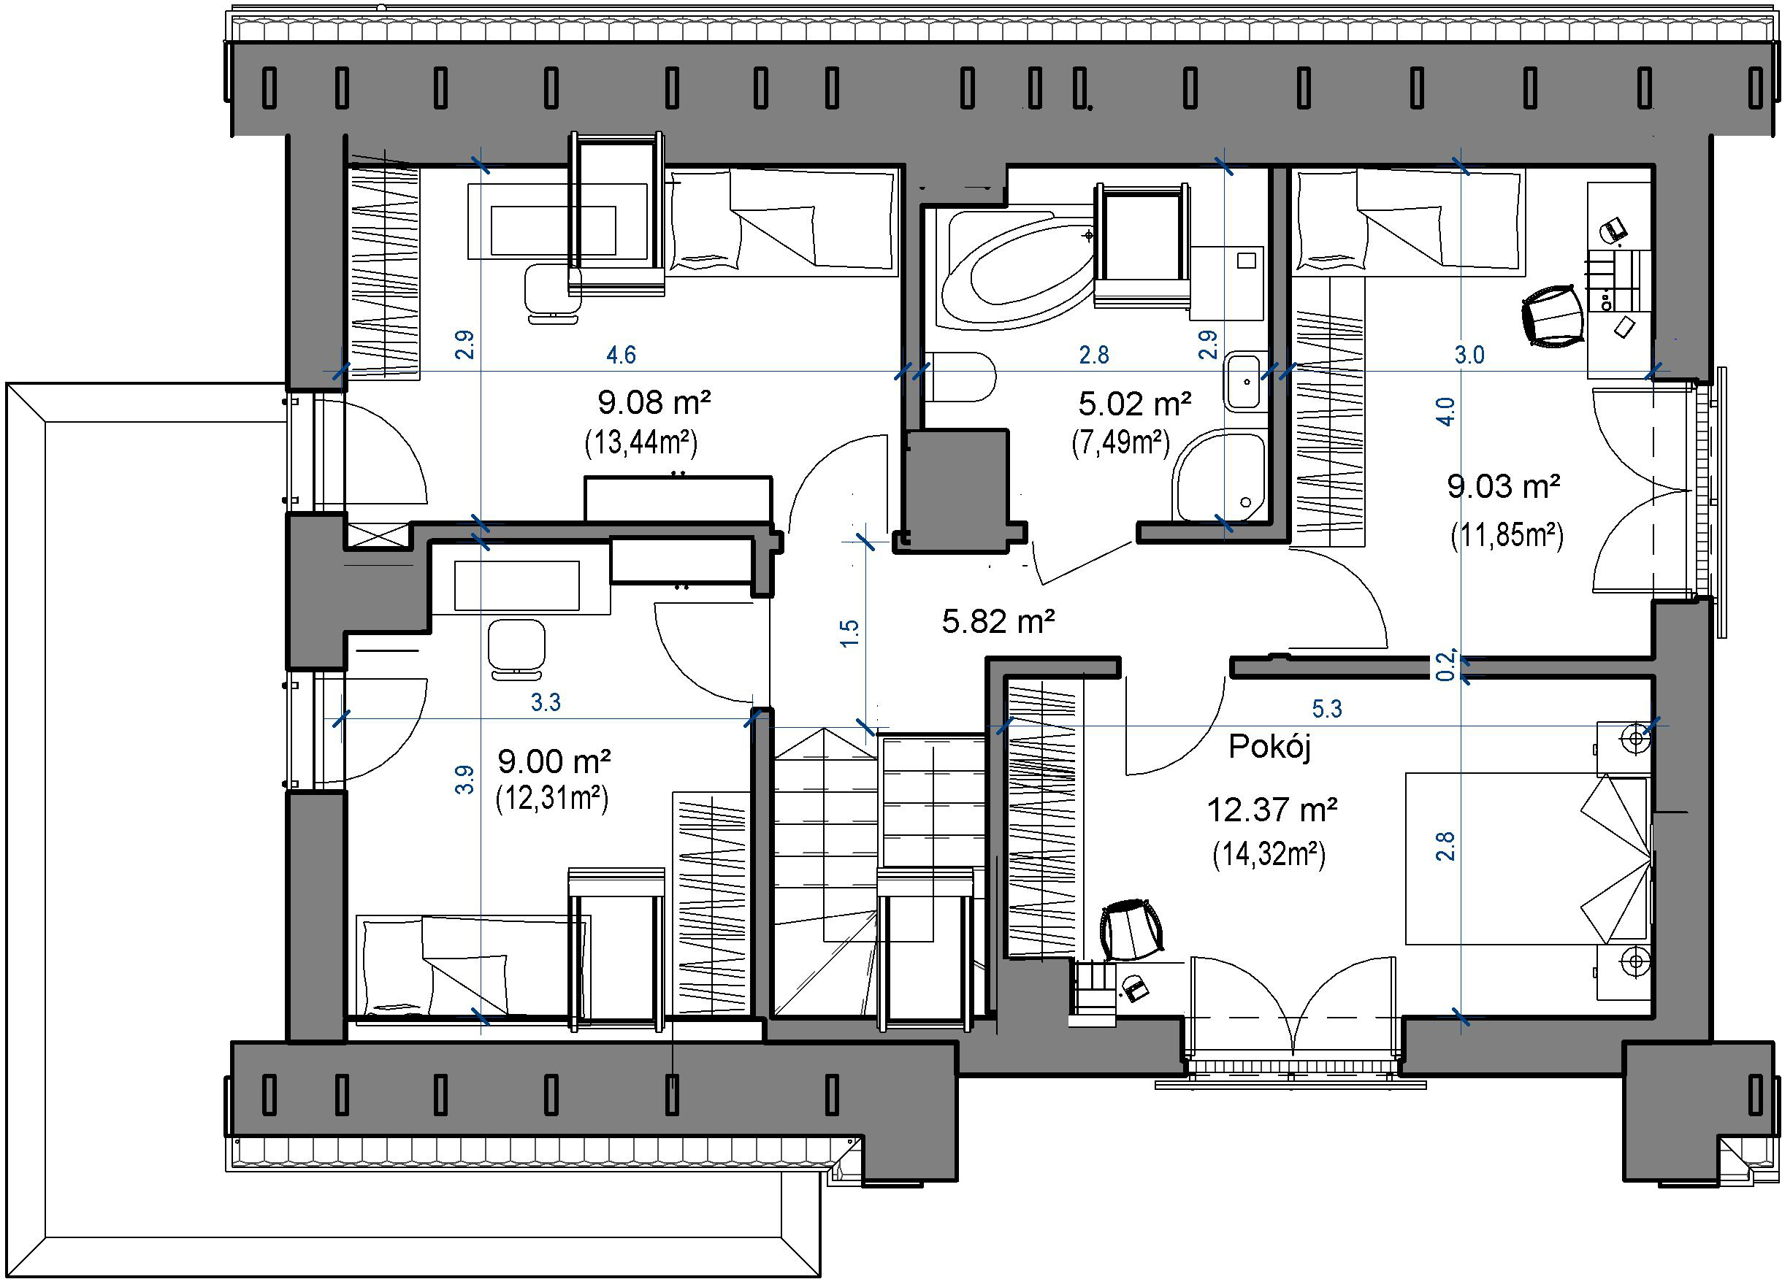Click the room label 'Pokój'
(1270, 747)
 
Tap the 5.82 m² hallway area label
(998, 621)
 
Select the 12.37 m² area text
(1272, 809)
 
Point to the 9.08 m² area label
(654, 403)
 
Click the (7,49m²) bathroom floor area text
(1121, 443)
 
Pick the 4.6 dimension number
(621, 355)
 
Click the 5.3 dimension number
(1327, 710)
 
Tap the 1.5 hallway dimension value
(850, 632)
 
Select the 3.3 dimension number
(546, 702)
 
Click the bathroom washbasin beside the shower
(1244, 382)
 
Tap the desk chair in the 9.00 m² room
(516, 648)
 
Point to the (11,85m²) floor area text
(1506, 535)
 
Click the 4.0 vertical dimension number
(1445, 411)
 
